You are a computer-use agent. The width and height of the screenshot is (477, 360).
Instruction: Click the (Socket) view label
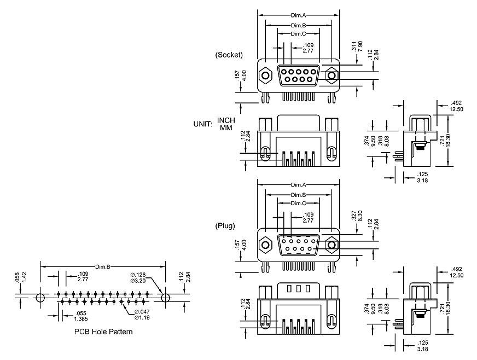pyautogui.click(x=229, y=55)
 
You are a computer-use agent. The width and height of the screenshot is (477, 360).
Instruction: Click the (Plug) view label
pyautogui.click(x=228, y=225)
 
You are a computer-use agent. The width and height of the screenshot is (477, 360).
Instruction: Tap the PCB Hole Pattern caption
pyautogui.click(x=103, y=332)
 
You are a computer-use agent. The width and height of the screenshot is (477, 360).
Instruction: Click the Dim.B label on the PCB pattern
pyautogui.click(x=103, y=267)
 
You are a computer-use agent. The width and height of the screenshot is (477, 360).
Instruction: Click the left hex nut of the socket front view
pyautogui.click(x=266, y=74)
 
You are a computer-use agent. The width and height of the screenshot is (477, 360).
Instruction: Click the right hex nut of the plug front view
pyautogui.click(x=331, y=245)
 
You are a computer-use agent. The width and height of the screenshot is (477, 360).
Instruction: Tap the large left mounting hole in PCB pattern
pyautogui.click(x=39, y=298)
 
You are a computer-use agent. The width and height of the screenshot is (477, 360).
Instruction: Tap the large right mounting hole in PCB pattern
pyautogui.click(x=166, y=298)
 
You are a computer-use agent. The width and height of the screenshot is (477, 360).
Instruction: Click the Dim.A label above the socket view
pyautogui.click(x=298, y=15)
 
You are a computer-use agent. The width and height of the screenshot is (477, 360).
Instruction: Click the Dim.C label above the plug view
pyautogui.click(x=298, y=203)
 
